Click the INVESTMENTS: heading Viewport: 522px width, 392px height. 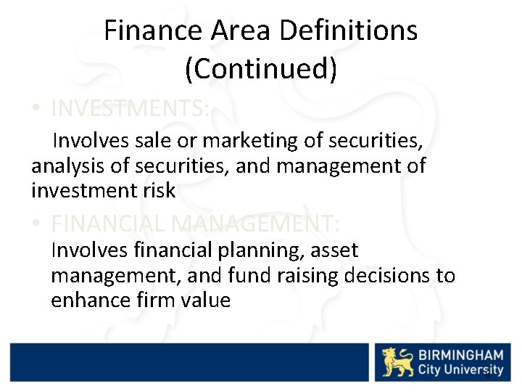(x=130, y=109)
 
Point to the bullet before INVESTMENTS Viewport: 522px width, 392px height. (x=35, y=110)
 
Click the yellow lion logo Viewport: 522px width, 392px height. (x=397, y=362)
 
